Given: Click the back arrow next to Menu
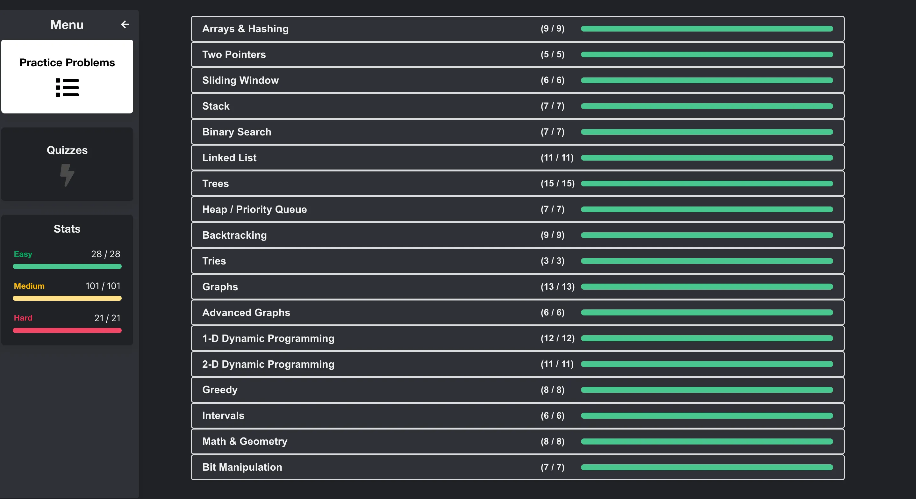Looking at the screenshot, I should point(125,25).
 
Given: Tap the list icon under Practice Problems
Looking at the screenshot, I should point(67,88).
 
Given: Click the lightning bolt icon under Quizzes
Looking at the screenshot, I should point(67,175).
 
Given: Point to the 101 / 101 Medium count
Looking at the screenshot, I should point(103,286).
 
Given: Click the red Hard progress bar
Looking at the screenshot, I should point(67,330).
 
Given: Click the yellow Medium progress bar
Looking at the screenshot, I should point(67,298).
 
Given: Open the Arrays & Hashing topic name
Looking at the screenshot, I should point(245,29).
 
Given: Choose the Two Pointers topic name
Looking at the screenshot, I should point(234,54).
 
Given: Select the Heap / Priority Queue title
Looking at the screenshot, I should point(254,209).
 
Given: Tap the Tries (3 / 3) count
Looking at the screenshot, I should point(553,261).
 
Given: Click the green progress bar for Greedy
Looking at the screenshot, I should point(706,390).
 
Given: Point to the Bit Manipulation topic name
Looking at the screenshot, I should point(242,467).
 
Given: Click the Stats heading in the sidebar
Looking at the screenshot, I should point(67,229).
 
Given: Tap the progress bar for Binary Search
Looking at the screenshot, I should point(706,132).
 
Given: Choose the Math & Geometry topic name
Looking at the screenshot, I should point(245,441).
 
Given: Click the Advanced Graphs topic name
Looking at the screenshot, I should point(246,313).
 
